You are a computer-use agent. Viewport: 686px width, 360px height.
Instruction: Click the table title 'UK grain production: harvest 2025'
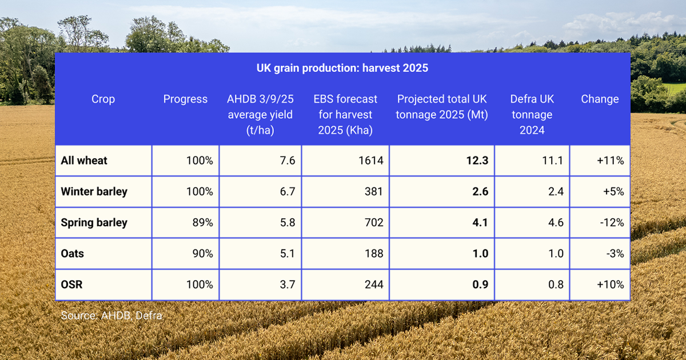(x=342, y=68)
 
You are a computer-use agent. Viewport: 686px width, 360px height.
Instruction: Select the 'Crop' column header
(x=103, y=99)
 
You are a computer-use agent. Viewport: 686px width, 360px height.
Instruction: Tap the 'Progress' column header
(x=185, y=99)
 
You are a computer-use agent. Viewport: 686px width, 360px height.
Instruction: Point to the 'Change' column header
(x=600, y=99)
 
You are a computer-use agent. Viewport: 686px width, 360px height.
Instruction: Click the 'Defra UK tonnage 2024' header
(x=532, y=114)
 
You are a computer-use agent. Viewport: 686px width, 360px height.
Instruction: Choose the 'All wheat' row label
(x=84, y=161)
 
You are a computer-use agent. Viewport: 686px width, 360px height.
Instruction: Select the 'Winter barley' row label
(x=94, y=191)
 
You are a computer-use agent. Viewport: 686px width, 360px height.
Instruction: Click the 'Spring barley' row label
(x=94, y=222)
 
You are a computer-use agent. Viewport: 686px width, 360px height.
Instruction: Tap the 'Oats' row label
(x=73, y=253)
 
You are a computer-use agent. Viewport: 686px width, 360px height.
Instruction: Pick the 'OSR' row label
(x=71, y=284)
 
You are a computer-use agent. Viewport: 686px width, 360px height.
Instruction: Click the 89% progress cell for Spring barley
(x=202, y=222)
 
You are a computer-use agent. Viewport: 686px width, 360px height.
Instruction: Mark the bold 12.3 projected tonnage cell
(x=477, y=161)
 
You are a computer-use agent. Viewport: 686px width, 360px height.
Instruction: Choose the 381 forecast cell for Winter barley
(x=374, y=191)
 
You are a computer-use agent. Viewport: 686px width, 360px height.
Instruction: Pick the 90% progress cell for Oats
(x=202, y=253)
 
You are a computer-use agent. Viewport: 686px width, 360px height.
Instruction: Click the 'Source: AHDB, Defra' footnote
(x=111, y=315)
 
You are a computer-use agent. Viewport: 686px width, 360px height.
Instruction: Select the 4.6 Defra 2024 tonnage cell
(x=556, y=222)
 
